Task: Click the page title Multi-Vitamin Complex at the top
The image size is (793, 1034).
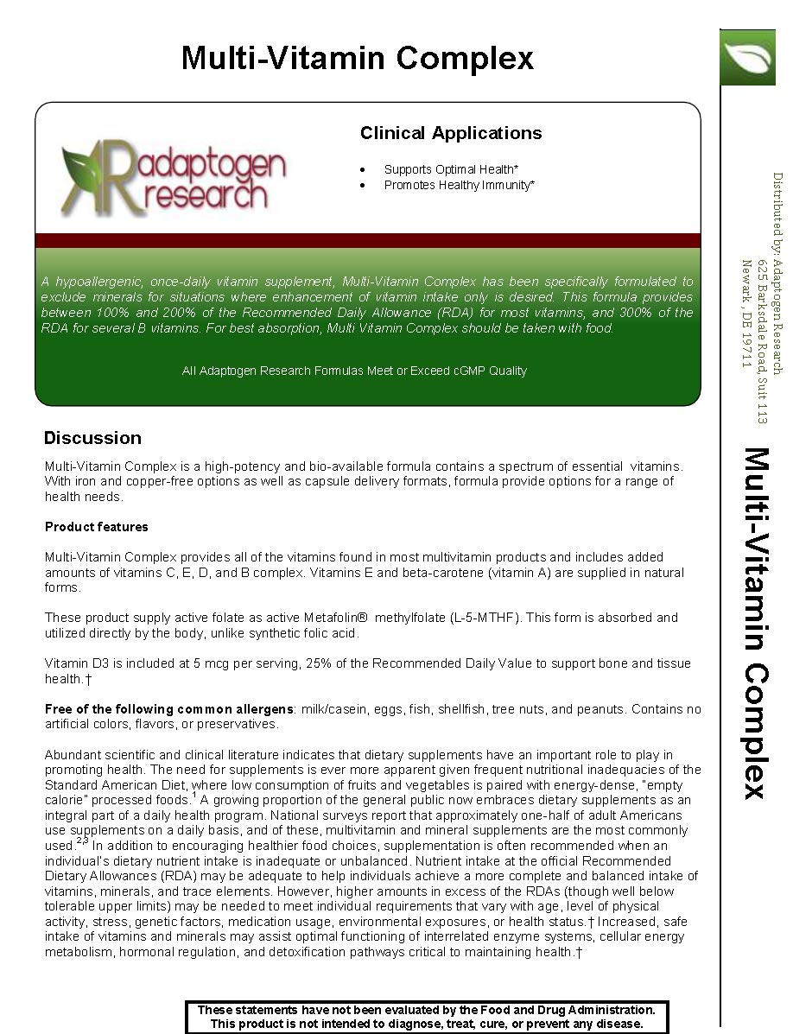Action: pyautogui.click(x=357, y=59)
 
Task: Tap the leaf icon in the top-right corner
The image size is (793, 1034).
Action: pyautogui.click(x=748, y=57)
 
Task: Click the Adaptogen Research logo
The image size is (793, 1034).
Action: pyautogui.click(x=173, y=178)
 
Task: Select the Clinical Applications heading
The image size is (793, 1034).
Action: pyautogui.click(x=451, y=133)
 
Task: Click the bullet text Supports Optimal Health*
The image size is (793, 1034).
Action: pyautogui.click(x=451, y=169)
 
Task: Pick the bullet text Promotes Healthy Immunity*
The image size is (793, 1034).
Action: pyautogui.click(x=459, y=185)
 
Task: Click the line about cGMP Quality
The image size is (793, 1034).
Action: pyautogui.click(x=354, y=371)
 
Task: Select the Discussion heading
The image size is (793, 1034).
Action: pyautogui.click(x=92, y=438)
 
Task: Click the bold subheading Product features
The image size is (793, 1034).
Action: pyautogui.click(x=97, y=527)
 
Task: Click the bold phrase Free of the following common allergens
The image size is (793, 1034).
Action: pyautogui.click(x=169, y=709)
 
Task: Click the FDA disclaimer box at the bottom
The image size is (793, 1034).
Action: pyautogui.click(x=427, y=1017)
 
